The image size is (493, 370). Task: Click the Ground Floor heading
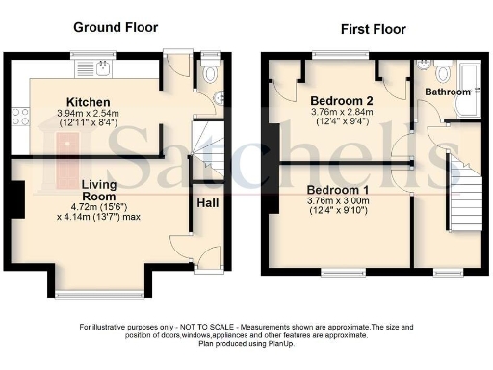116,27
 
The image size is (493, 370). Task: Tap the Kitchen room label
88,101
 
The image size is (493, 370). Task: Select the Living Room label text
98,191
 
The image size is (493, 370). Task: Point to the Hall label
207,203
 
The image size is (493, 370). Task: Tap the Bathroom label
450,92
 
